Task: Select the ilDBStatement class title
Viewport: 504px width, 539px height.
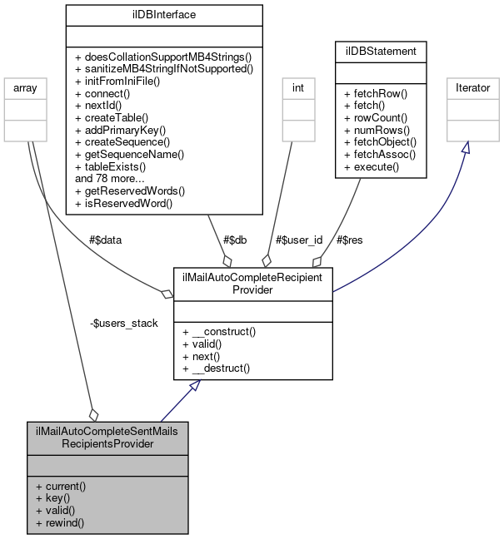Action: coord(381,52)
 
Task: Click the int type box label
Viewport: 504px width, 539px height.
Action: coord(296,87)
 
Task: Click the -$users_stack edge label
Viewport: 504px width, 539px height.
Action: coord(123,323)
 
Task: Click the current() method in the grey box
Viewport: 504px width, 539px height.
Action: coord(61,486)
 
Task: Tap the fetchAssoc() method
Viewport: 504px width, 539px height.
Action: coord(380,155)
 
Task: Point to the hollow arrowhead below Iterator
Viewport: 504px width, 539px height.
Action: coord(466,147)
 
